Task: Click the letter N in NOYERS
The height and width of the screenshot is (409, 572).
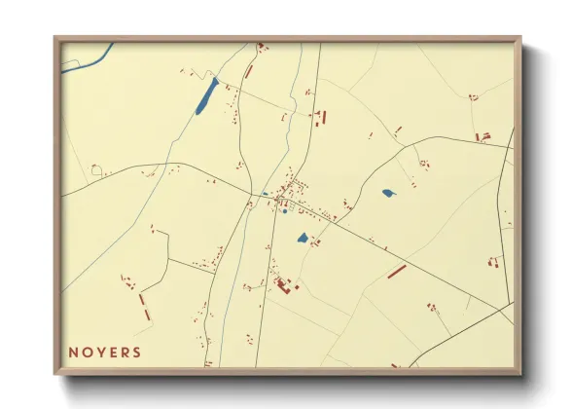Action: [x=74, y=353]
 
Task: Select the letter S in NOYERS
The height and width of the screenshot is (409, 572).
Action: [x=137, y=353]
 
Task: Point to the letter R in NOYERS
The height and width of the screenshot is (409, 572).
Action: [x=125, y=353]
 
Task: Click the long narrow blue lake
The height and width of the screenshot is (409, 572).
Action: [x=207, y=95]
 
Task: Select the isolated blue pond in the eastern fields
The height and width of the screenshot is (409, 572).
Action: [x=389, y=193]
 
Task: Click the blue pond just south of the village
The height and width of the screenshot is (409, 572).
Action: [x=303, y=238]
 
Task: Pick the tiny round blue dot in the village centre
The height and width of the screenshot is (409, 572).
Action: [x=285, y=212]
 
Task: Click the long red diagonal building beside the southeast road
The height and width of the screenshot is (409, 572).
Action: [x=397, y=271]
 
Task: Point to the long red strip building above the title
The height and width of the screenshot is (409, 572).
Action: [x=142, y=307]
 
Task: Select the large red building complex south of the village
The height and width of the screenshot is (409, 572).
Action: [x=284, y=284]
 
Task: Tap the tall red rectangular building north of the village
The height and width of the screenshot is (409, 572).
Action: [x=324, y=118]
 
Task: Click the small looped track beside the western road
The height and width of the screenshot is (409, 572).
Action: [x=96, y=170]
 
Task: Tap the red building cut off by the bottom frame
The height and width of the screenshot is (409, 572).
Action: [x=396, y=366]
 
